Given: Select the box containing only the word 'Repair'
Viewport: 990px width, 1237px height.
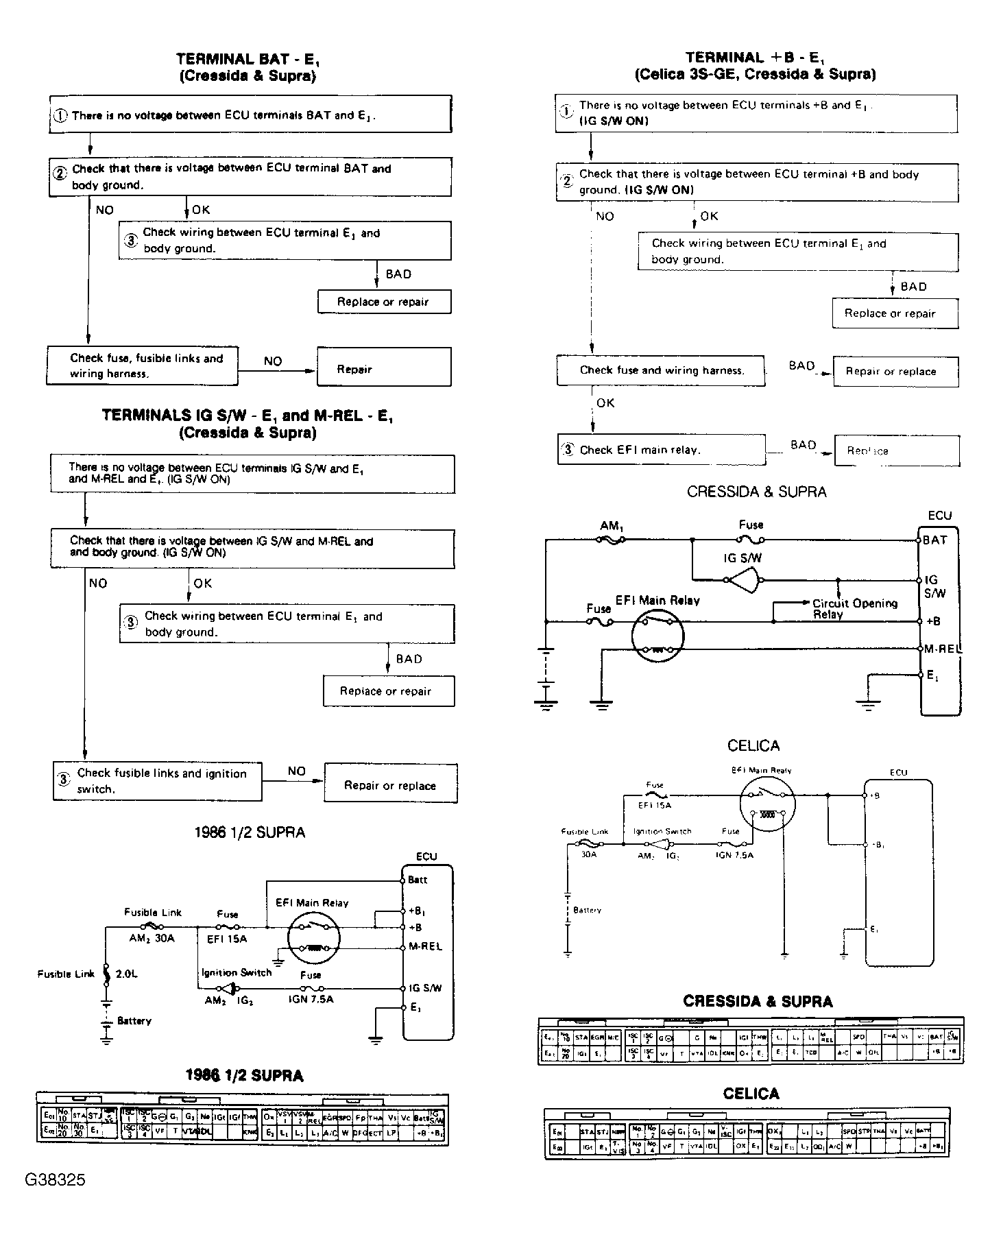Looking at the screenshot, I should [384, 368].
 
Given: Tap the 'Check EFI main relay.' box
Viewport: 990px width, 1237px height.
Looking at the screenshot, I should [661, 450].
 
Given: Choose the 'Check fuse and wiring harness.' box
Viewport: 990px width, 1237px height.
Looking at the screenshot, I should [661, 370].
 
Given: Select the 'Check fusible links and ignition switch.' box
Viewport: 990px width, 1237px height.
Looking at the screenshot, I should [158, 781].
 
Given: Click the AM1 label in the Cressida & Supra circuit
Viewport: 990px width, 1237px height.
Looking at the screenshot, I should [611, 526].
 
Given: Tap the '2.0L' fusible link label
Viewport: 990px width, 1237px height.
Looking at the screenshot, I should [126, 974].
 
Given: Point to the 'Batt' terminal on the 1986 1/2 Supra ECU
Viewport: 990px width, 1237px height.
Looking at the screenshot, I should [418, 880].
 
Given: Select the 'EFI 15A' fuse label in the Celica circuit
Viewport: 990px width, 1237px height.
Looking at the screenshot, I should [655, 805].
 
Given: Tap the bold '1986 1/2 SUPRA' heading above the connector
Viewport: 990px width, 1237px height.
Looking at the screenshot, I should [244, 1075].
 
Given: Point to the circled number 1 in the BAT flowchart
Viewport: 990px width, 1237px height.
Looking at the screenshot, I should [60, 115].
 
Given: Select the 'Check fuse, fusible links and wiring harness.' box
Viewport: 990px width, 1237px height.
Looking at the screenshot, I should [143, 366].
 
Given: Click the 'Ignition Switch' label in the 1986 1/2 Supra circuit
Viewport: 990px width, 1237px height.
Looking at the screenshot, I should [237, 972].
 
